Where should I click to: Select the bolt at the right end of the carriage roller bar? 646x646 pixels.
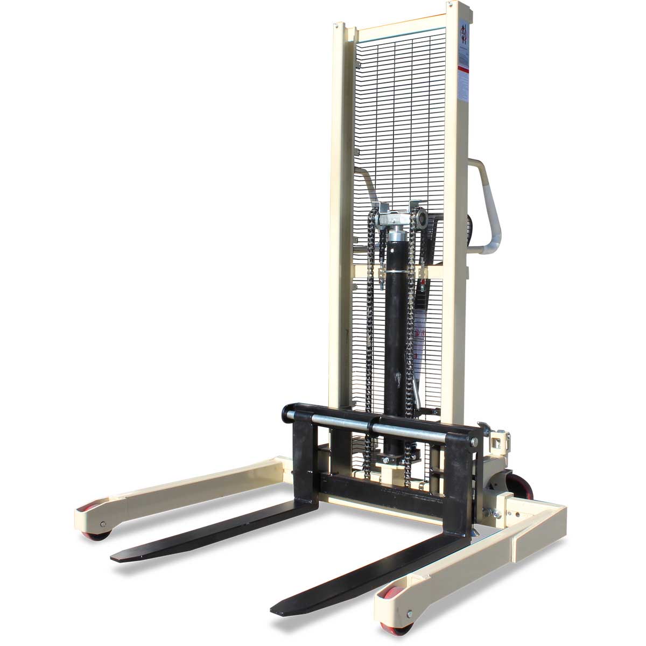[x=474, y=442]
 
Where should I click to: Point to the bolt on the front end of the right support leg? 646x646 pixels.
[x=410, y=614]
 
